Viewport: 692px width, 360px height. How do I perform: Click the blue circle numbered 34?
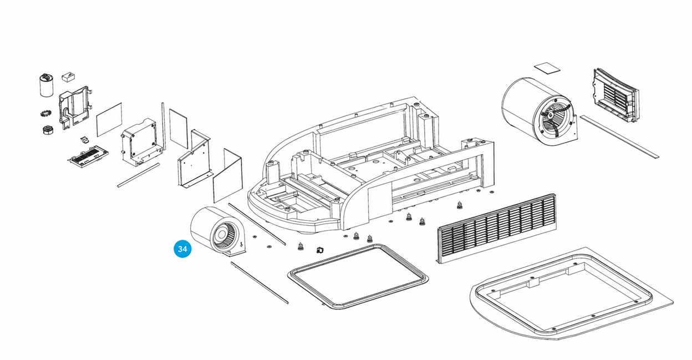(x=182, y=249)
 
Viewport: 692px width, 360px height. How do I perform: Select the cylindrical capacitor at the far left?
(x=47, y=85)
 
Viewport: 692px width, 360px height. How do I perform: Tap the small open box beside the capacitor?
(x=69, y=77)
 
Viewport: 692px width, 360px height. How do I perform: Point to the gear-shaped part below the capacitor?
(x=45, y=113)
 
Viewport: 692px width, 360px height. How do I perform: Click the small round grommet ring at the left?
(x=48, y=130)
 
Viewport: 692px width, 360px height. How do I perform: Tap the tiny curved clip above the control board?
(x=84, y=140)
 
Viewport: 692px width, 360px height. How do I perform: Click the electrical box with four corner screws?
(x=141, y=141)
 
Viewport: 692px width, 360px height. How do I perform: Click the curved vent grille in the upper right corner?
(x=615, y=96)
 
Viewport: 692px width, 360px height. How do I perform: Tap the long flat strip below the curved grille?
(x=619, y=136)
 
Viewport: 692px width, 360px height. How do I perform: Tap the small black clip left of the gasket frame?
(x=320, y=250)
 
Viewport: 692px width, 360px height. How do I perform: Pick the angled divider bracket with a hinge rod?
(x=194, y=159)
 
